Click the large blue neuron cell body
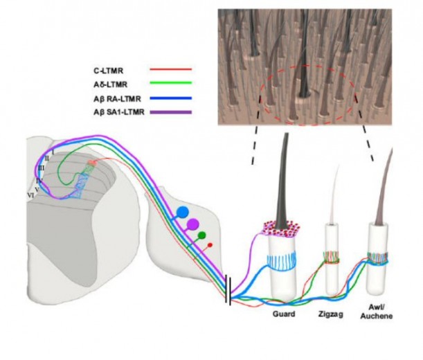(x=183, y=211)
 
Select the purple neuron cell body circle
(x=193, y=224)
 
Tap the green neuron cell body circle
(x=202, y=235)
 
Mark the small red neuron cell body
(x=210, y=244)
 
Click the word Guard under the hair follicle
(x=285, y=313)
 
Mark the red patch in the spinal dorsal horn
(x=90, y=164)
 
